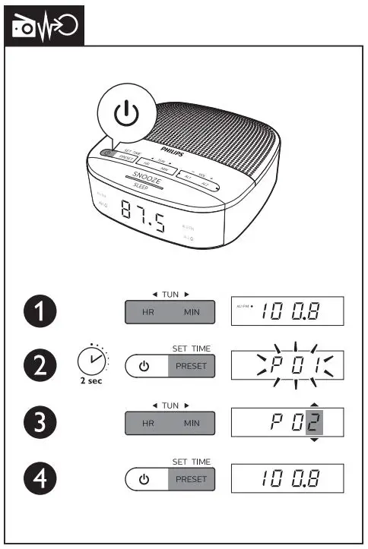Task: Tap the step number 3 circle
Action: tap(37, 423)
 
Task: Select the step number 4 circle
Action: tap(37, 478)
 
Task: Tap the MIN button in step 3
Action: tap(192, 423)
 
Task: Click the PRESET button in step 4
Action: tap(192, 479)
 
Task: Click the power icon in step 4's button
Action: tap(144, 479)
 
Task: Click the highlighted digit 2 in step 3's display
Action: tap(312, 423)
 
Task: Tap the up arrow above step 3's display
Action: tap(313, 403)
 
